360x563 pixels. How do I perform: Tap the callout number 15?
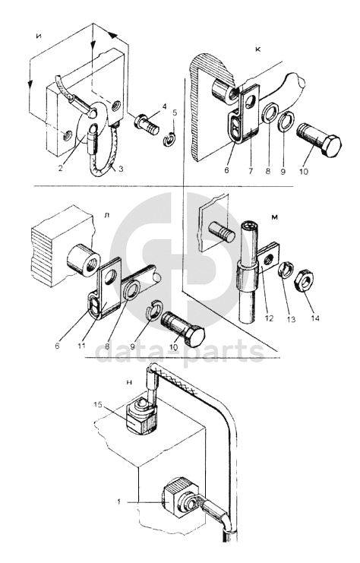[x=98, y=404]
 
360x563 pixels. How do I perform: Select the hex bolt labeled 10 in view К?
[x=319, y=140]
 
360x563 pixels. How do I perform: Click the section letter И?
[x=39, y=35]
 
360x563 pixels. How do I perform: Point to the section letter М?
[x=275, y=217]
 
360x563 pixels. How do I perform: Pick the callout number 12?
[x=269, y=318]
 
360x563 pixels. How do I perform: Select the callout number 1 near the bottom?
[x=118, y=502]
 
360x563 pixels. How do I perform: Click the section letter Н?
[x=130, y=382]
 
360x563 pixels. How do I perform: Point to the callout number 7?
[x=250, y=170]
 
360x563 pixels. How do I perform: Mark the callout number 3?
[x=121, y=169]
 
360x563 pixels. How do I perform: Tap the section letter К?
[x=257, y=49]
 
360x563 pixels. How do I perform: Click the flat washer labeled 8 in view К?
[x=268, y=112]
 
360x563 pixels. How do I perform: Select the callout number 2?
[x=61, y=168]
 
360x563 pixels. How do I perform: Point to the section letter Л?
[x=106, y=215]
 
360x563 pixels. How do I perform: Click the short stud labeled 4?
[x=147, y=125]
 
